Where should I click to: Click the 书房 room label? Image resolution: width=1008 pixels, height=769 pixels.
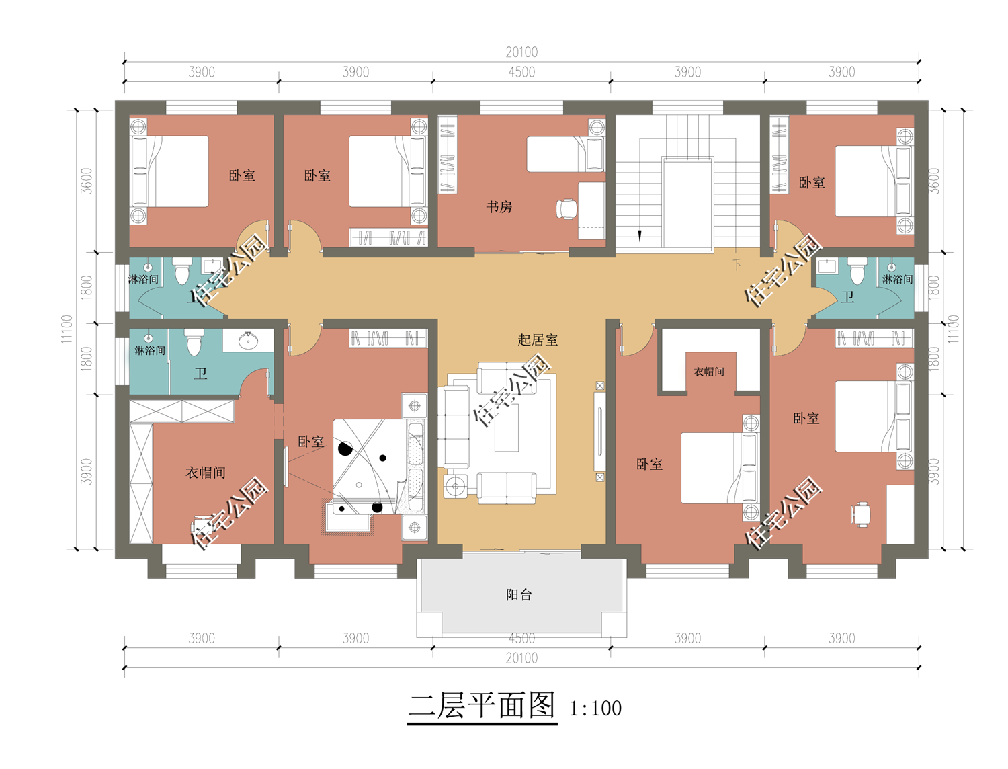coord(499,207)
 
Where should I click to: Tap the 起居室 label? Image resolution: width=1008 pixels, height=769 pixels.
coord(538,340)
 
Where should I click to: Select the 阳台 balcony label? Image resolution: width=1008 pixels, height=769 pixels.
coord(519,595)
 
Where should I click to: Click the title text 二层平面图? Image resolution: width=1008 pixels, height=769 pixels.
coord(482,706)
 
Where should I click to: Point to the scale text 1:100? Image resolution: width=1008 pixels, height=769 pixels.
coord(595,709)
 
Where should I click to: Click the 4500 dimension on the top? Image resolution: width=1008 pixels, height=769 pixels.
coord(521,72)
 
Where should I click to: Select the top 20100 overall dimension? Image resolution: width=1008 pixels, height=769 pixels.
coord(521,52)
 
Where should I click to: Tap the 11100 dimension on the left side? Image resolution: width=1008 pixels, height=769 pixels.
coord(67,329)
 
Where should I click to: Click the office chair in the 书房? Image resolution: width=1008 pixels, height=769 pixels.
coord(566,209)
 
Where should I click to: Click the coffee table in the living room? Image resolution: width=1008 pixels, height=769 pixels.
coord(506,428)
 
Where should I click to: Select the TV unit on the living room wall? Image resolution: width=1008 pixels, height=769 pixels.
coord(599,432)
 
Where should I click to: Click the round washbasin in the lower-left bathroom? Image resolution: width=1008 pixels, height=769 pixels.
coord(249,340)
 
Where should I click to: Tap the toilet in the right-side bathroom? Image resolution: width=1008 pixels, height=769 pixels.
coord(857,271)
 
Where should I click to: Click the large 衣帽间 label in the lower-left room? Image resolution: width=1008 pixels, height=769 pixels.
coord(205,473)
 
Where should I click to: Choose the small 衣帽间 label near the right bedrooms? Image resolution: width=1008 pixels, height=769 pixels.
coord(708,372)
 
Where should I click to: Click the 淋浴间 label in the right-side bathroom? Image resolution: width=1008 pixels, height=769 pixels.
coord(897,279)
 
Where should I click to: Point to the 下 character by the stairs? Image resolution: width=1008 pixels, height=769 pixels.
coord(737,265)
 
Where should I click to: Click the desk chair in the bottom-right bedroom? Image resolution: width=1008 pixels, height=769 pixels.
coord(861,514)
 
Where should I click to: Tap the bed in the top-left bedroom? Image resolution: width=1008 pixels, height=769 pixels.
coord(169,171)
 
